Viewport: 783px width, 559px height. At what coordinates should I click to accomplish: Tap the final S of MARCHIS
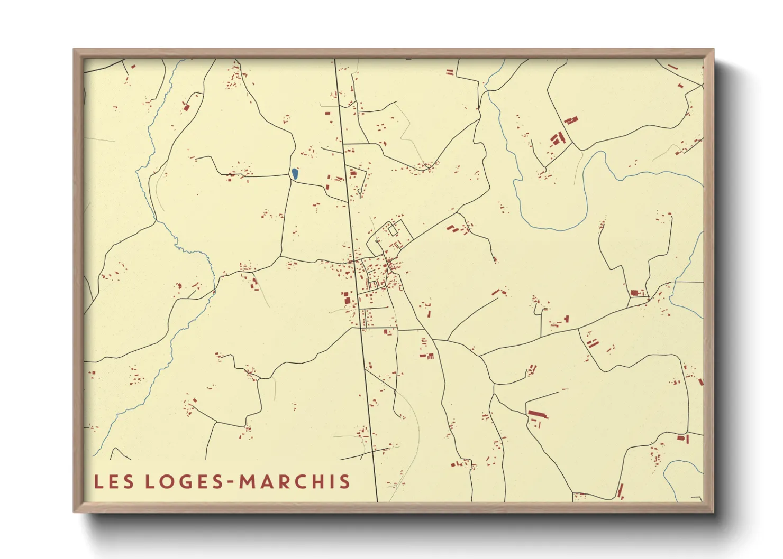pyautogui.click(x=345, y=481)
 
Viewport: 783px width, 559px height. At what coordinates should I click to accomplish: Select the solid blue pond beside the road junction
pyautogui.click(x=295, y=173)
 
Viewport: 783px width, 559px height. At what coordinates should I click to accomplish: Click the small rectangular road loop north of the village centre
pyautogui.click(x=393, y=230)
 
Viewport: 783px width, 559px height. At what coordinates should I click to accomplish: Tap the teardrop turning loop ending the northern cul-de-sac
pyautogui.click(x=360, y=191)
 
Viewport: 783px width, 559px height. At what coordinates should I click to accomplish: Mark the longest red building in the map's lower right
pyautogui.click(x=538, y=413)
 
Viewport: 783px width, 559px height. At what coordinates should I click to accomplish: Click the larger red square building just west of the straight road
pyautogui.click(x=347, y=300)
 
